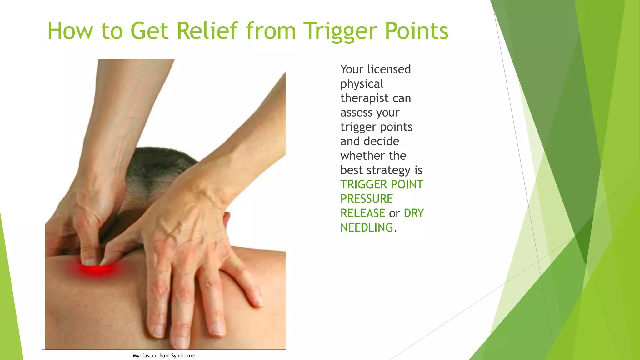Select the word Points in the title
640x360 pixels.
point(417,31)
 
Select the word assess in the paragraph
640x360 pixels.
point(354,112)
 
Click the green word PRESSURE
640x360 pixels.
point(367,199)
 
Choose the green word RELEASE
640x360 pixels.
point(362,213)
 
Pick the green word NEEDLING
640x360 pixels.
point(367,228)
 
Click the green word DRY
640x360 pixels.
point(414,213)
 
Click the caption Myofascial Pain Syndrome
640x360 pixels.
point(163,356)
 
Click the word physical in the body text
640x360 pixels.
point(362,84)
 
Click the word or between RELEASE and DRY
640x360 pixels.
point(394,214)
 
